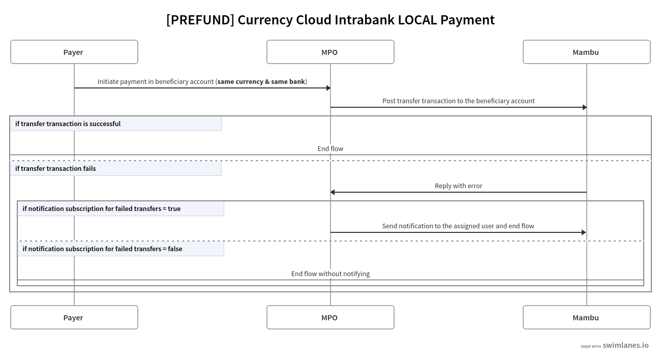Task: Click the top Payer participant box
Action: click(74, 52)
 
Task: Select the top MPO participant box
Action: click(330, 52)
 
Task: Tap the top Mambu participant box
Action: click(586, 52)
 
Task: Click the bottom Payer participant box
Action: click(74, 317)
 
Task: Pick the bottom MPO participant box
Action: click(330, 317)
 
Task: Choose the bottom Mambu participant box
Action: click(586, 317)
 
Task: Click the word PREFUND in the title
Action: click(200, 20)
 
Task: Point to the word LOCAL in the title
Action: click(417, 20)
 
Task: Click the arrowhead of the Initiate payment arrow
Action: click(328, 88)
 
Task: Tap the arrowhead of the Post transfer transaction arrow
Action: click(585, 107)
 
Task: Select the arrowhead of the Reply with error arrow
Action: click(333, 192)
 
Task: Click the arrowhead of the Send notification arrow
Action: click(584, 232)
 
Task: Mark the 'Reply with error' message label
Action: click(458, 186)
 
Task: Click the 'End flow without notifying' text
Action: click(330, 274)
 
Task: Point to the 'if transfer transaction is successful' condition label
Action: click(68, 124)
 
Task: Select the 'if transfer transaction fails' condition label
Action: click(55, 168)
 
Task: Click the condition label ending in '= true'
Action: click(101, 208)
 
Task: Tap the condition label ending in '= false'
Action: click(102, 249)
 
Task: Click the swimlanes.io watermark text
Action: click(625, 345)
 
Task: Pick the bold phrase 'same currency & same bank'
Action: click(261, 81)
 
